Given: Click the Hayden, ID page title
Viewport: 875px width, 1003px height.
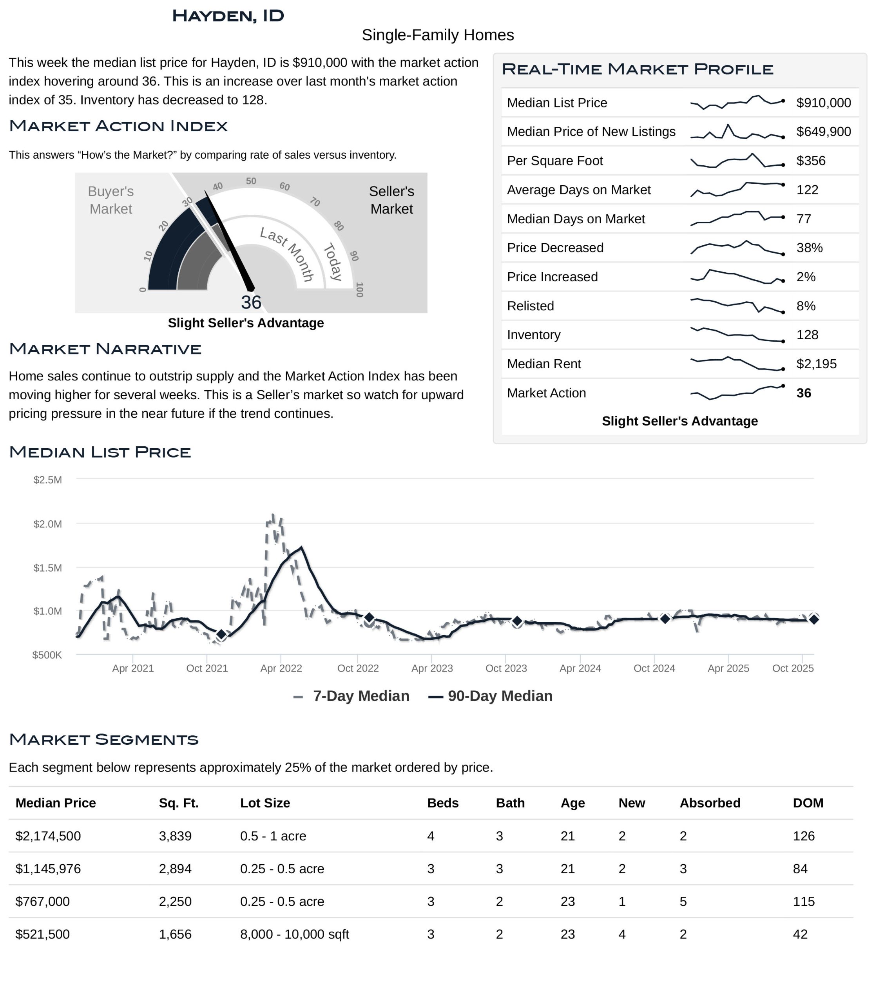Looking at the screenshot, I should coord(228,16).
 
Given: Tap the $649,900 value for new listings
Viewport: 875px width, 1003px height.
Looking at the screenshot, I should coord(823,132).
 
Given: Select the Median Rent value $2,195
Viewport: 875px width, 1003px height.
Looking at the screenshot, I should coord(816,364).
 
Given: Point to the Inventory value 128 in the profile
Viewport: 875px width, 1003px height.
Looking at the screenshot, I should coord(807,335).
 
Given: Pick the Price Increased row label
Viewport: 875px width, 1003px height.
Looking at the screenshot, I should coord(552,277).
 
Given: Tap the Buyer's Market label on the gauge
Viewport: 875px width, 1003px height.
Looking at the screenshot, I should coord(111,200).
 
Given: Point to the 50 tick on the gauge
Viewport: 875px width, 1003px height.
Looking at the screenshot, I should coord(251,181).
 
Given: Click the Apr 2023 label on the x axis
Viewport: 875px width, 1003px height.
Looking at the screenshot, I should coord(432,668).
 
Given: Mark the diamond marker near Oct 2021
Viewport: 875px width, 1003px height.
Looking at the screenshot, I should coord(221,634).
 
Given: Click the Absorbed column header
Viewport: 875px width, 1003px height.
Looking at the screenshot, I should coord(710,803).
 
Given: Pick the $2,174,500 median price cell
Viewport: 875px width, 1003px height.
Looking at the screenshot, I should coord(48,836).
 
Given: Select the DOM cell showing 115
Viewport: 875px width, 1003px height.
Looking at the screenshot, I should coord(803,902).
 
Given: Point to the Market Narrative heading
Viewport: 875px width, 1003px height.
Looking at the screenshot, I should coord(105,349).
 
